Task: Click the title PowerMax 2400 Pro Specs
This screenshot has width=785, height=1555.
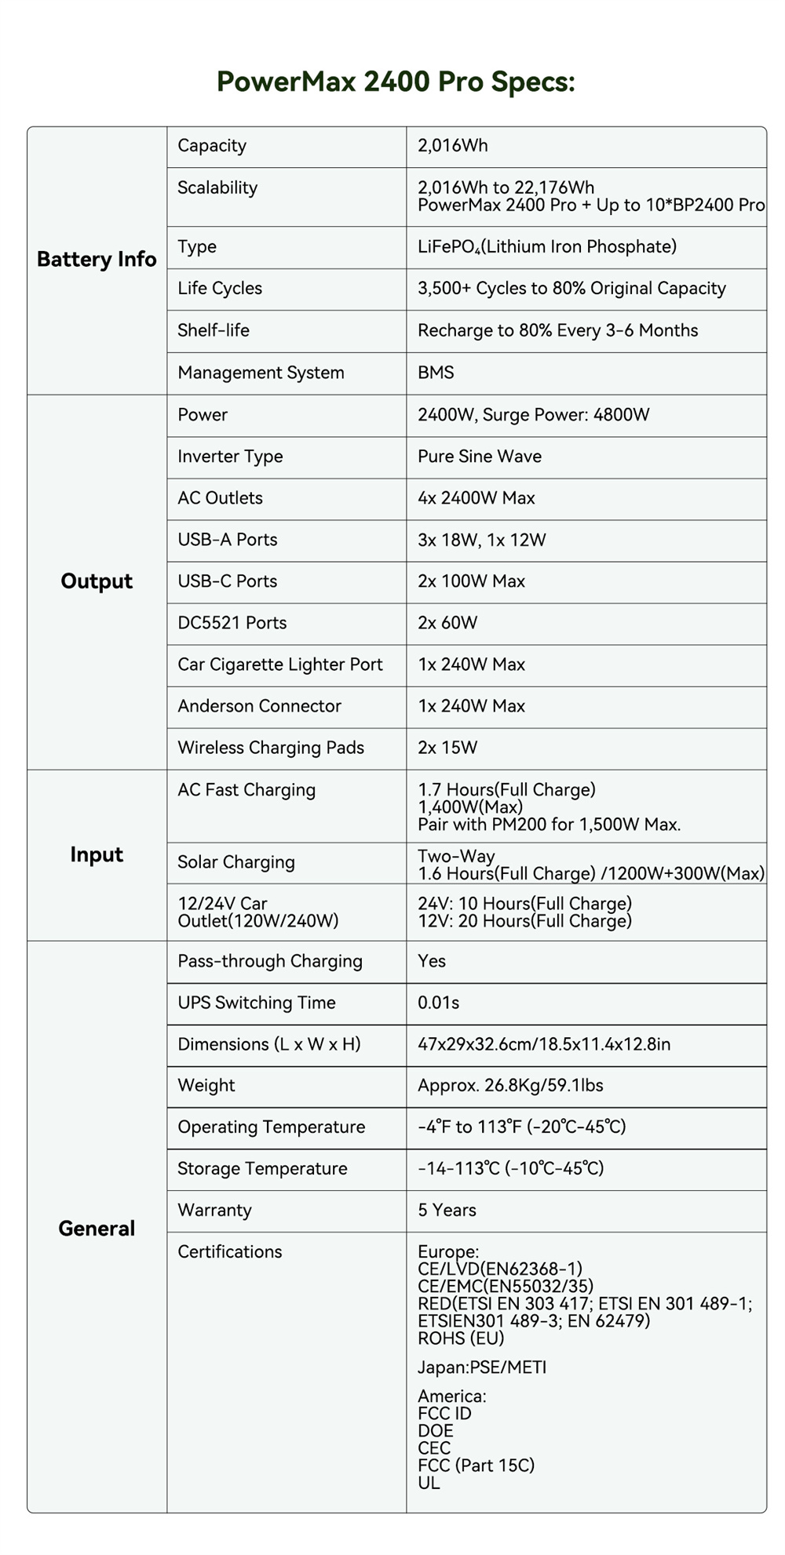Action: click(x=396, y=82)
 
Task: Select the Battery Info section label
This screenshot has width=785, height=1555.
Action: click(x=97, y=260)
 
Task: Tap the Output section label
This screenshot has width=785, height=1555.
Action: click(x=97, y=581)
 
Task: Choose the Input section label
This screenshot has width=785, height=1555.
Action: click(x=97, y=854)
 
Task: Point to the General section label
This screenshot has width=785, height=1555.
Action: click(x=97, y=1229)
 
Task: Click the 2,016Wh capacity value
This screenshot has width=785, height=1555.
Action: click(x=453, y=146)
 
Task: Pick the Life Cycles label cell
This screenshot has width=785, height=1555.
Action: click(x=220, y=289)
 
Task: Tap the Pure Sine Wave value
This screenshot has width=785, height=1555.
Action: click(x=480, y=457)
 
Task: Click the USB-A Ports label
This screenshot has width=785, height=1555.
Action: click(x=228, y=540)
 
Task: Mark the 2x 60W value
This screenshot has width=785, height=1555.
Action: click(x=447, y=623)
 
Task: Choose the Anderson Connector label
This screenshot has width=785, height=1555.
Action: click(x=259, y=706)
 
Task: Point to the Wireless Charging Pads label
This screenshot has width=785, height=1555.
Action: click(x=271, y=748)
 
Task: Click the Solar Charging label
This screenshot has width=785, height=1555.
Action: click(x=236, y=862)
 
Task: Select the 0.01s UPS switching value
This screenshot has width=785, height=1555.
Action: click(x=439, y=1003)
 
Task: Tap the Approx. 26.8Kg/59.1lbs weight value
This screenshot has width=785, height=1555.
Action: click(x=510, y=1086)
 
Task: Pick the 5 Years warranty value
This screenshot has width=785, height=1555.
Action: click(x=447, y=1211)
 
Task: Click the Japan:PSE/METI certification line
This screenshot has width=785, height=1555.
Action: click(x=482, y=1367)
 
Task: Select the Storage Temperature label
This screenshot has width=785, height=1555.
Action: click(x=262, y=1169)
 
